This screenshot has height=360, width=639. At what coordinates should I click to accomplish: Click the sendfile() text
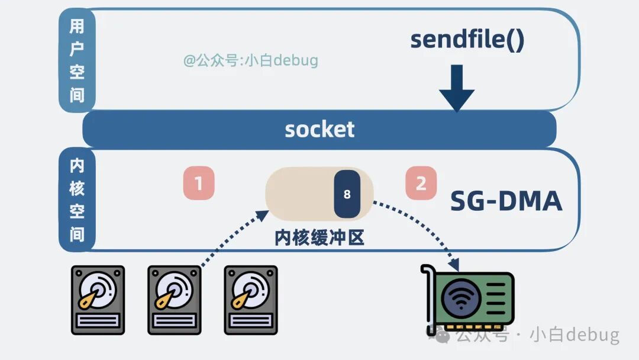(467, 40)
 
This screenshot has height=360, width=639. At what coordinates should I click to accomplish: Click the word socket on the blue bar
(319, 129)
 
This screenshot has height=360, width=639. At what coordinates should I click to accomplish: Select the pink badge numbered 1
(198, 184)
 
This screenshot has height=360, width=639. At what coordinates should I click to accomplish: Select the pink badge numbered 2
(421, 183)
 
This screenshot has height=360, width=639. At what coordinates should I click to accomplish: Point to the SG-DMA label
(506, 201)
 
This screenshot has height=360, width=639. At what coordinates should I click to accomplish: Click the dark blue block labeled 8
(347, 194)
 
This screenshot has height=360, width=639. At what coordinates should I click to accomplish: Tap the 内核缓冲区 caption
(319, 237)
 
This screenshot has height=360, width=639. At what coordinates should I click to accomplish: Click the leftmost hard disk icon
(98, 298)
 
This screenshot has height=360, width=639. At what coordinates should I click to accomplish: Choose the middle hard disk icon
(174, 298)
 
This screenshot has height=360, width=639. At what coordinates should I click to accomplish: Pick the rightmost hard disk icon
(250, 298)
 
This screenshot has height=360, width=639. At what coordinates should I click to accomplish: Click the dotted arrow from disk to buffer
(231, 240)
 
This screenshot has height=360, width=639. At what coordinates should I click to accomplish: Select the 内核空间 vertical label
(77, 200)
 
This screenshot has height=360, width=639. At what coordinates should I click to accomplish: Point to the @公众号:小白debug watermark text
(250, 60)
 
